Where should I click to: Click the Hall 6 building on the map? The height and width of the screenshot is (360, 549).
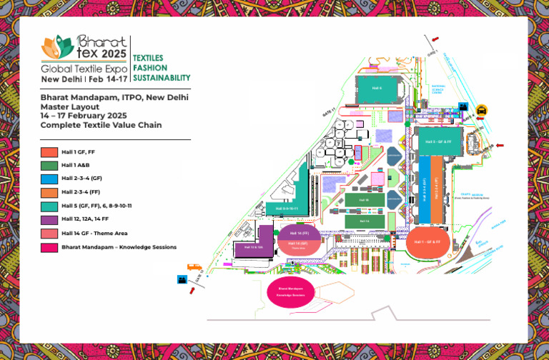[377, 88]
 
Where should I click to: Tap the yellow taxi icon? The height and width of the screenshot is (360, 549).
[482, 111]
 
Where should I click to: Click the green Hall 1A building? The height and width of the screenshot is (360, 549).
[365, 221]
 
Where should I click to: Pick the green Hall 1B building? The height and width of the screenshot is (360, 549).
[365, 200]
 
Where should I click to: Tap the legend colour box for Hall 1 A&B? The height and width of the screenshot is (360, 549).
[49, 165]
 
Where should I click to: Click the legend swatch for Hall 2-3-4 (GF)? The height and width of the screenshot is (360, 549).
[49, 179]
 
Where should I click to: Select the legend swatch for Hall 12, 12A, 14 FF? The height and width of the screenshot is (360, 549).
[49, 220]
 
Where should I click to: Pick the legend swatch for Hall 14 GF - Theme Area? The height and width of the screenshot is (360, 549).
[49, 234]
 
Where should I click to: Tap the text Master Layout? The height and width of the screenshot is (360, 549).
[66, 106]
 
